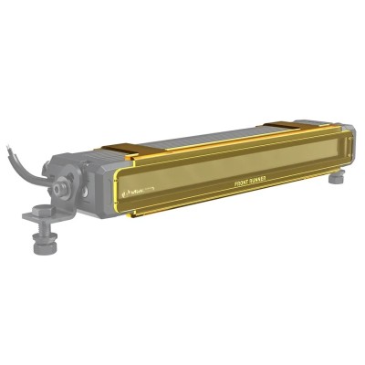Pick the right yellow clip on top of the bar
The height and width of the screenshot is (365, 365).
tap(290, 125)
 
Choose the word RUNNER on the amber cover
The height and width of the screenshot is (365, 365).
tap(256, 180)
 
